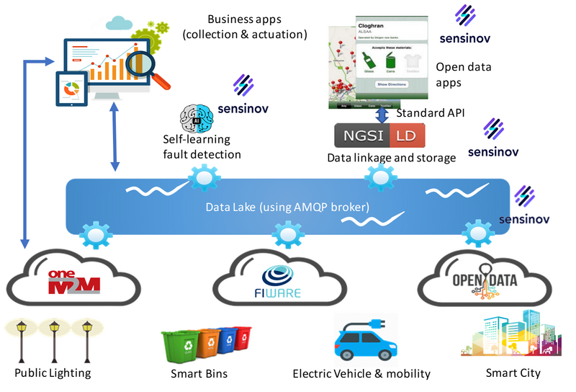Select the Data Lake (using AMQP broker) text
click(287, 207)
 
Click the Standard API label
click(431, 113)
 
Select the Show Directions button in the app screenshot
click(392, 84)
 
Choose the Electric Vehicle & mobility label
click(361, 373)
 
